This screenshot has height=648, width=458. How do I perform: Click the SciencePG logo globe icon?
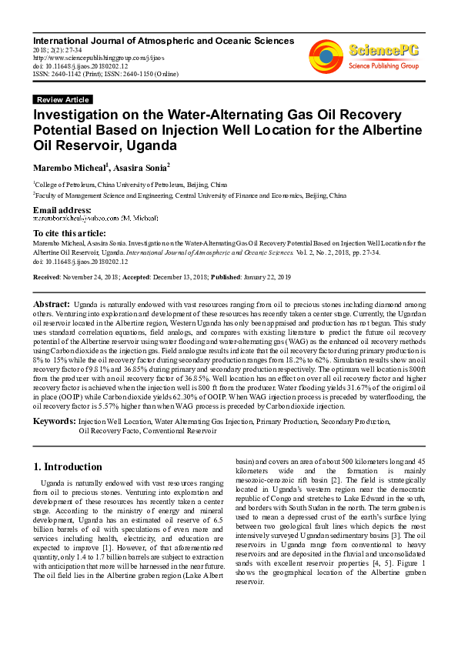pyautogui.click(x=326, y=55)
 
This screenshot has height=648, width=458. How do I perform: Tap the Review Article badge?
pyautogui.click(x=63, y=100)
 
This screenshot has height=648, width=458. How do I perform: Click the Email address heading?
pyautogui.click(x=62, y=210)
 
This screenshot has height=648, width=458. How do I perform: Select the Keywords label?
pyautogui.click(x=53, y=422)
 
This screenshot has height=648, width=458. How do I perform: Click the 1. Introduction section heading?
pyautogui.click(x=69, y=466)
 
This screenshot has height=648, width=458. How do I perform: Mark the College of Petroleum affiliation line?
pyautogui.click(x=131, y=185)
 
